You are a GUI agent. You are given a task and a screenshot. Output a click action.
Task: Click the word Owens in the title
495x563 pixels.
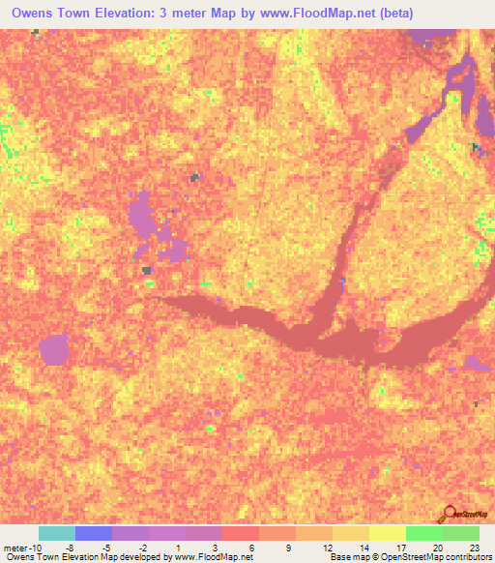pyautogui.click(x=34, y=14)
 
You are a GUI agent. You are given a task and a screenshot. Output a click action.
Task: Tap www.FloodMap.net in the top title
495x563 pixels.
pyautogui.click(x=314, y=14)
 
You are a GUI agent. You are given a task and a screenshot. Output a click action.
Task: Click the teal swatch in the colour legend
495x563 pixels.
pyautogui.click(x=57, y=533)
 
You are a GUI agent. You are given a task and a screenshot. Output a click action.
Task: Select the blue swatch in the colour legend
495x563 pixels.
pyautogui.click(x=94, y=533)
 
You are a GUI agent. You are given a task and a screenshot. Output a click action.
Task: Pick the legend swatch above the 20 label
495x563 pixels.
pyautogui.click(x=423, y=533)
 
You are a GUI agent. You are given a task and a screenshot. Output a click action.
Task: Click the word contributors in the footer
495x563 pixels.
pyautogui.click(x=467, y=557)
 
